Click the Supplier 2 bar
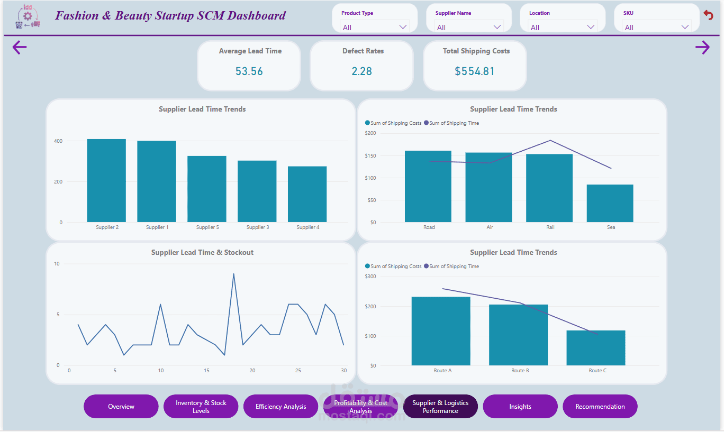tap(106, 180)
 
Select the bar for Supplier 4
tap(307, 194)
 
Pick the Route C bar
tap(596, 347)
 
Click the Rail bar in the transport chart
tap(550, 188)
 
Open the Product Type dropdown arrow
tap(403, 27)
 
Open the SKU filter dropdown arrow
tap(685, 27)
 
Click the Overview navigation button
tap(121, 407)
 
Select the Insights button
tap(520, 407)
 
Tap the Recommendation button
tap(600, 407)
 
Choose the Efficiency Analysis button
tap(280, 407)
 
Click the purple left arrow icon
tap(20, 48)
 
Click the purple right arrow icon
tap(702, 48)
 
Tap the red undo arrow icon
tap(709, 15)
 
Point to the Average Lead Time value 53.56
tap(249, 71)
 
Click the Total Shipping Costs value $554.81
tap(475, 71)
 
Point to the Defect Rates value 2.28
tap(362, 71)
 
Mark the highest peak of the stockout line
tap(233, 274)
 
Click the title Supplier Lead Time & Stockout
tap(202, 253)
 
